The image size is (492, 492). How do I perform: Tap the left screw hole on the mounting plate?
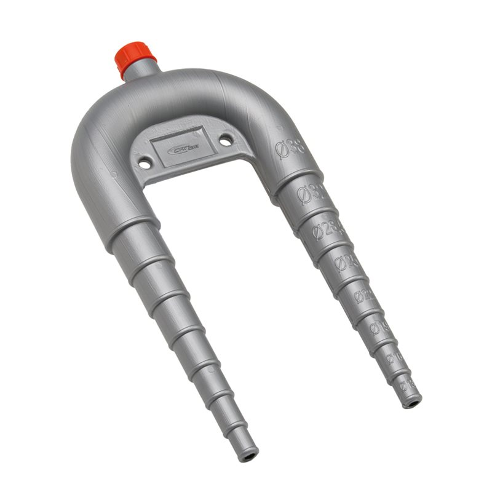coord(145,163)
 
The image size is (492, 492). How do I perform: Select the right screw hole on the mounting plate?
coord(226,140)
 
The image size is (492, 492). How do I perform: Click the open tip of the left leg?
coord(249,458)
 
